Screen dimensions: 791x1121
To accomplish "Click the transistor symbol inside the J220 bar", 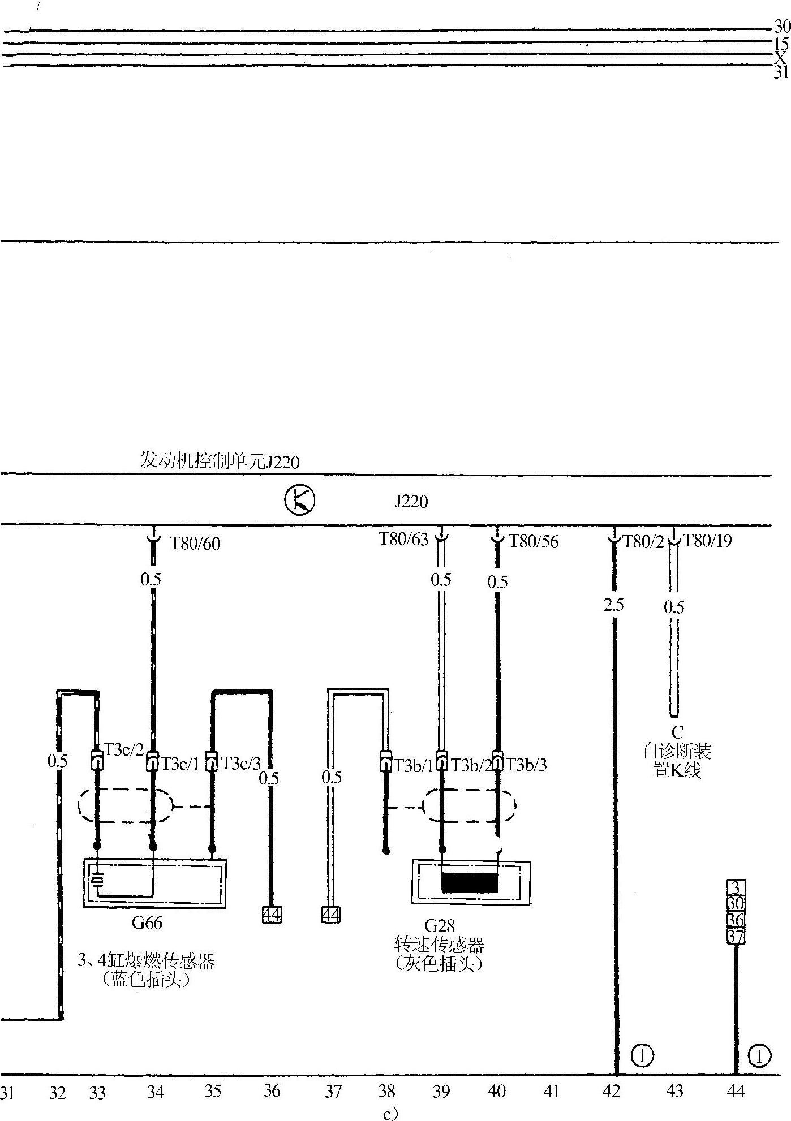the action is pyautogui.click(x=299, y=500).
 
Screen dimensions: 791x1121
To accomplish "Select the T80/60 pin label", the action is pyautogui.click(x=195, y=544).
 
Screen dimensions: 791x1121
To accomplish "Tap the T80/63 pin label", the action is pyautogui.click(x=403, y=539).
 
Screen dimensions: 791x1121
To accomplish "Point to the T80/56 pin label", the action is pyautogui.click(x=534, y=542).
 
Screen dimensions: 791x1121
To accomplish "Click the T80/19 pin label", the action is pyautogui.click(x=707, y=541).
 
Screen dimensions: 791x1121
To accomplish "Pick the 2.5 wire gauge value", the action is pyautogui.click(x=613, y=605).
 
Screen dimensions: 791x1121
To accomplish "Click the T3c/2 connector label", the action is pyautogui.click(x=124, y=749).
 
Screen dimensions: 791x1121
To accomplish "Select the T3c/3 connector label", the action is pyautogui.click(x=241, y=764).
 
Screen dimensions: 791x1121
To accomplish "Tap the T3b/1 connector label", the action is pyautogui.click(x=413, y=766).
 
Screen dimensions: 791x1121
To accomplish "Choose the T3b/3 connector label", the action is pyautogui.click(x=526, y=765).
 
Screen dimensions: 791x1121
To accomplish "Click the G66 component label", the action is pyautogui.click(x=147, y=923).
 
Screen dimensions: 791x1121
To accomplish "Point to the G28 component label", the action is pyautogui.click(x=440, y=926).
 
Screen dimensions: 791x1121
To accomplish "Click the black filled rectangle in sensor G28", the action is pyautogui.click(x=470, y=883).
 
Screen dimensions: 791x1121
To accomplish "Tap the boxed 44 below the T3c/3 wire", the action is pyautogui.click(x=272, y=915).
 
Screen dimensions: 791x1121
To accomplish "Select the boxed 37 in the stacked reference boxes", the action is pyautogui.click(x=735, y=936).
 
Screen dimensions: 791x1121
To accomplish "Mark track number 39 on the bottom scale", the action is pyautogui.click(x=441, y=1091).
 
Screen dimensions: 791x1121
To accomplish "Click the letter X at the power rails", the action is pyautogui.click(x=780, y=58).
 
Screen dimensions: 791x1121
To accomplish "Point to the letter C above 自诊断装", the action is pyautogui.click(x=677, y=732).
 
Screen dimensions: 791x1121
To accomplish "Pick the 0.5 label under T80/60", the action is pyautogui.click(x=151, y=579).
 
